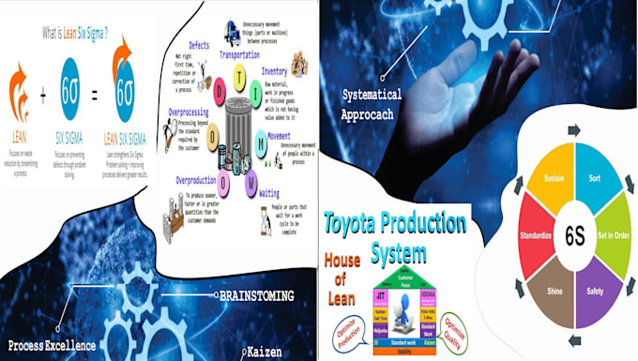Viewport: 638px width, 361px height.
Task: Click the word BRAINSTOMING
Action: [x=255, y=295]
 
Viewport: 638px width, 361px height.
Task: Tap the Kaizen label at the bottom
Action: [x=269, y=352]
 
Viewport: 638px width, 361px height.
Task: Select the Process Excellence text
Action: [x=52, y=344]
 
